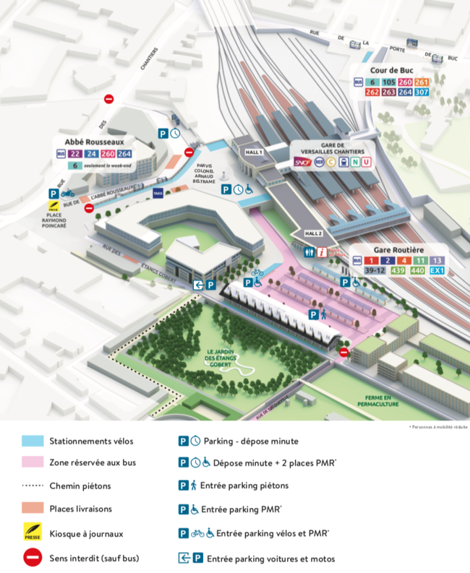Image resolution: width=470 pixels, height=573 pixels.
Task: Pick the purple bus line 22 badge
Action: click(x=75, y=154)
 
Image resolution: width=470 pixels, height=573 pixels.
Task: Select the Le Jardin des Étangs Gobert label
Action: click(x=223, y=359)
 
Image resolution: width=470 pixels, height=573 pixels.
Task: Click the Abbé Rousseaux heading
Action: click(x=90, y=142)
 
